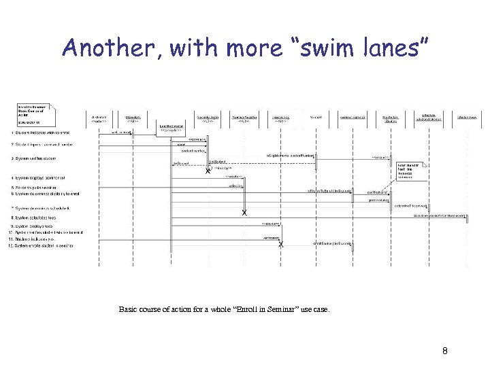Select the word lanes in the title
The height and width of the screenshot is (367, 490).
[392, 48]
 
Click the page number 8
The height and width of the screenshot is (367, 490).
[444, 351]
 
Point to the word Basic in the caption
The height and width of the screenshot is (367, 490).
[127, 309]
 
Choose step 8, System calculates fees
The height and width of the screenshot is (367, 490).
[41, 217]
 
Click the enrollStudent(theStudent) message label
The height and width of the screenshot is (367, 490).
[332, 242]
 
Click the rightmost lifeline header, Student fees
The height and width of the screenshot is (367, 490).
[467, 117]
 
